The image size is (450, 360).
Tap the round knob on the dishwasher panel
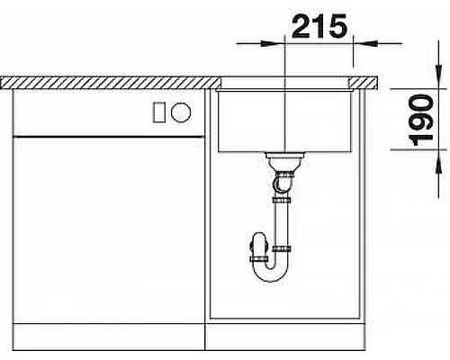(181, 112)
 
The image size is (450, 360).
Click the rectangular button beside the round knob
(159, 112)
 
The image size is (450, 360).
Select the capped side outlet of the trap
(256, 244)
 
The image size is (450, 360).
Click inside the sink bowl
(283, 121)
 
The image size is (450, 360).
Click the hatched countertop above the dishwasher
(108, 83)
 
